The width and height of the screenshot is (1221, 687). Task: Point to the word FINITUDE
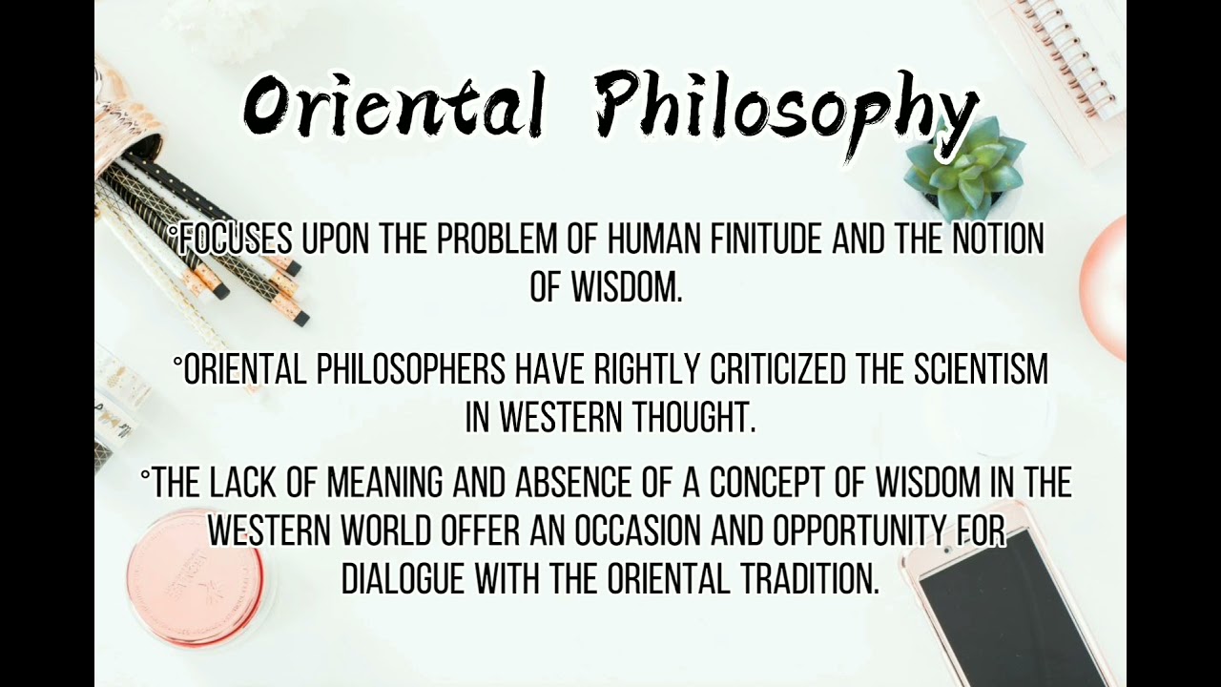[x=755, y=240]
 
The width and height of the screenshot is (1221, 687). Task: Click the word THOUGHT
[x=689, y=418]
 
